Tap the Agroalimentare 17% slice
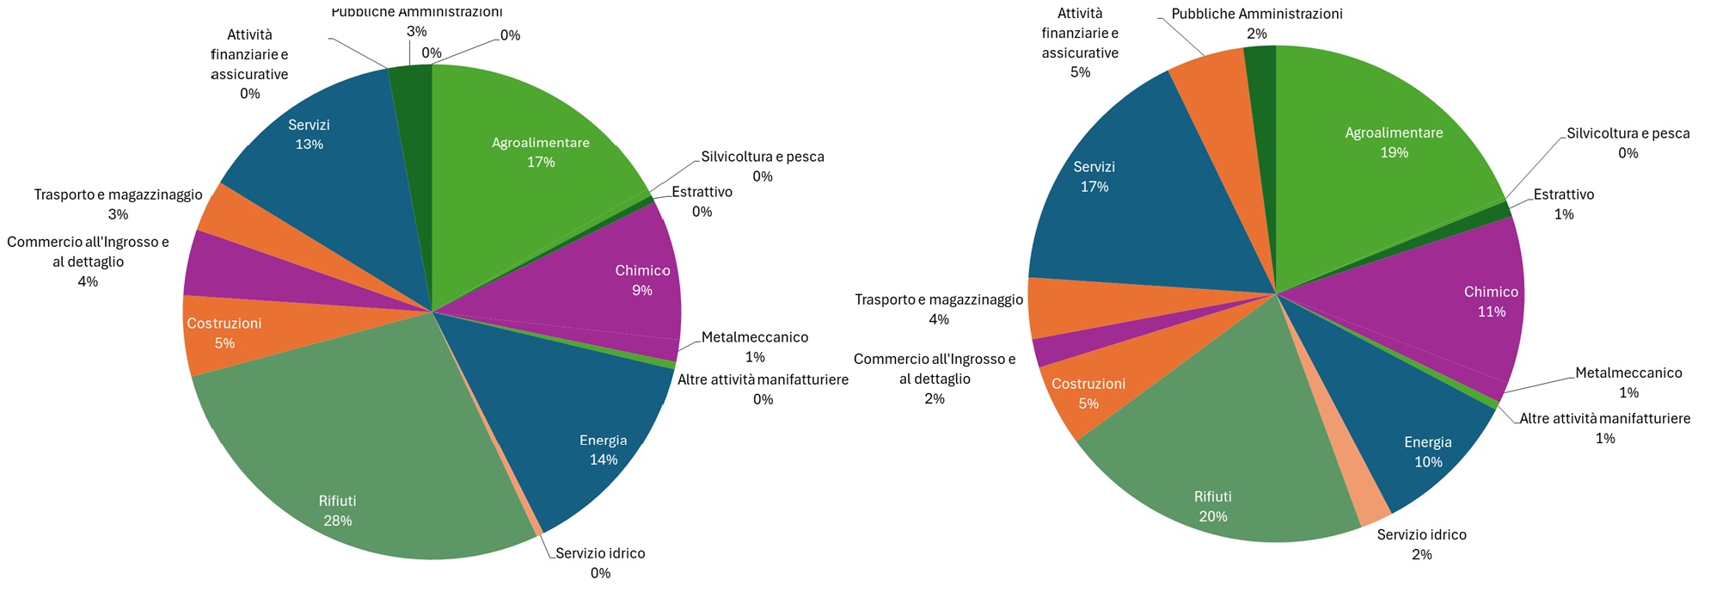533,172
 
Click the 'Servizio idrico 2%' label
1421,545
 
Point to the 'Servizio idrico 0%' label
600,563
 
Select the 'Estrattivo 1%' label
1563,204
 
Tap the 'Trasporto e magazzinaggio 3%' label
118,204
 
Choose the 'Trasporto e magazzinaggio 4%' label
938,309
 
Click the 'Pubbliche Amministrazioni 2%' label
1256,23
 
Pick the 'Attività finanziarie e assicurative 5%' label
1080,43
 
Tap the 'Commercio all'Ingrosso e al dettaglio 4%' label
88,262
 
